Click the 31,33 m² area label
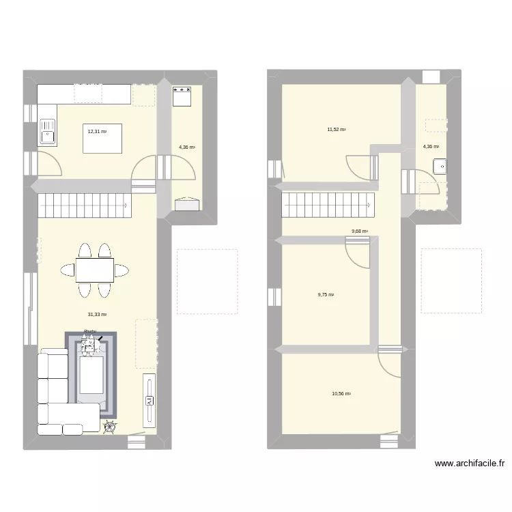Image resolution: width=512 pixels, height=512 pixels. [97, 315]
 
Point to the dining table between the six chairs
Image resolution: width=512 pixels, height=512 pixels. [94, 270]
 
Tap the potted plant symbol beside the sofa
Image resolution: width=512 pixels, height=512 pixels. [109, 427]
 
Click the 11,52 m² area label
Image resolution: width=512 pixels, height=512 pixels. [336, 129]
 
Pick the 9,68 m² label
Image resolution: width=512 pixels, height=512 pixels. [360, 231]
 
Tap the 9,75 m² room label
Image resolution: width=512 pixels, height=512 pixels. [326, 295]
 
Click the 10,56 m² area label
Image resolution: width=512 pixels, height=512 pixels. [341, 393]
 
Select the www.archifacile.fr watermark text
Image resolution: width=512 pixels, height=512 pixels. [470, 464]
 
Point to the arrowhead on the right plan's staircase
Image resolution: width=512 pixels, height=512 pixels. [373, 203]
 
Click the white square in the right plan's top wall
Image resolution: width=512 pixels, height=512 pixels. [431, 76]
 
